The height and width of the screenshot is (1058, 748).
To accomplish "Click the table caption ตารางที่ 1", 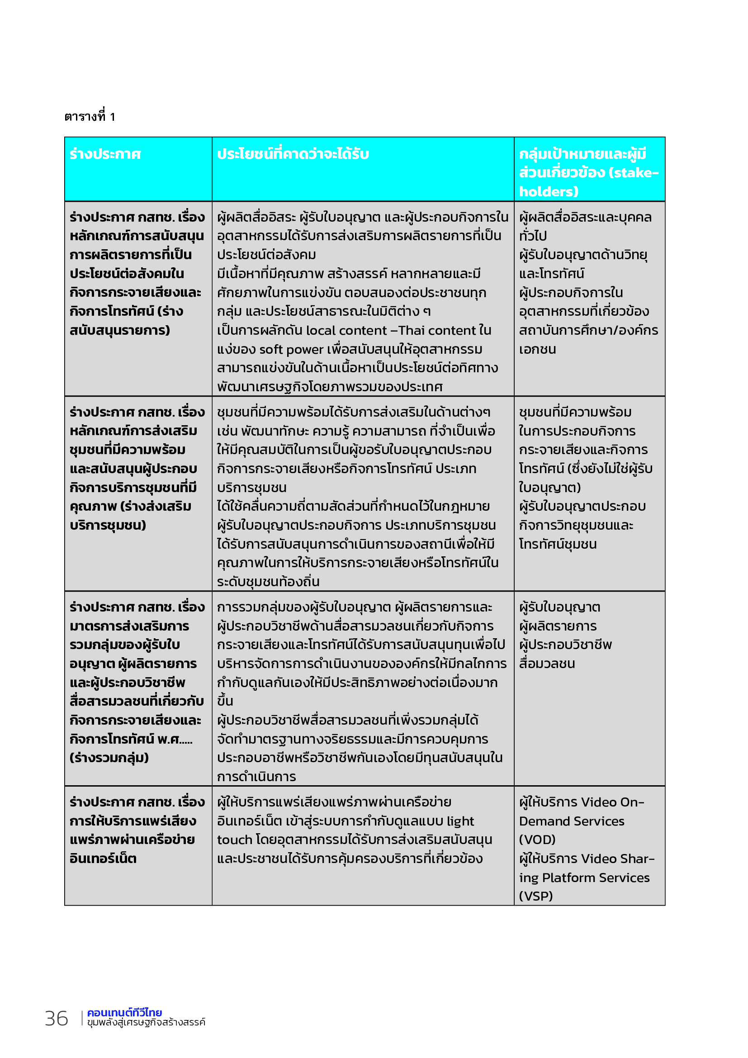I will (x=90, y=117).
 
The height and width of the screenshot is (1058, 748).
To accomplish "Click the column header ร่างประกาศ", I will (x=105, y=154).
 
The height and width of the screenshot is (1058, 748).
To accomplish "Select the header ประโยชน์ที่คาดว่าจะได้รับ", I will (x=293, y=154).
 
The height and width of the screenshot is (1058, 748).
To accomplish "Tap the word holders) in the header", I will (x=549, y=192).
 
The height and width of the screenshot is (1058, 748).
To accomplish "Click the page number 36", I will (x=56, y=1018).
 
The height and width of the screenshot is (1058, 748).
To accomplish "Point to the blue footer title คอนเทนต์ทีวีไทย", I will (x=124, y=1012).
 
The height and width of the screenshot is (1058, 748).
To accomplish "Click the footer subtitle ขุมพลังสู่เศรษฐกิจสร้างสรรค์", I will (x=146, y=1022).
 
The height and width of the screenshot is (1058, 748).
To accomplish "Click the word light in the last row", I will (x=460, y=821).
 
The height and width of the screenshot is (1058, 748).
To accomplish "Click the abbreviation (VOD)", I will (x=537, y=840).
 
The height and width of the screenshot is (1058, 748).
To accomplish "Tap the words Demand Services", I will (x=572, y=821).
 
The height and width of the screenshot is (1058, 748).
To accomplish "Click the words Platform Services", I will (x=596, y=878).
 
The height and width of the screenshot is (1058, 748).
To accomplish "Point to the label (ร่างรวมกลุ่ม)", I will (x=109, y=758).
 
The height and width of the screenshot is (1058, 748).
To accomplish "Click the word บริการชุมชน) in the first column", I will (x=108, y=525).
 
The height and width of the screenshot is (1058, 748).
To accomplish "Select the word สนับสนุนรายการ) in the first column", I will (x=120, y=331).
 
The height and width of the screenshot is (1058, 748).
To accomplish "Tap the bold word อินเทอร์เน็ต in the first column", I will (x=103, y=859).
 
